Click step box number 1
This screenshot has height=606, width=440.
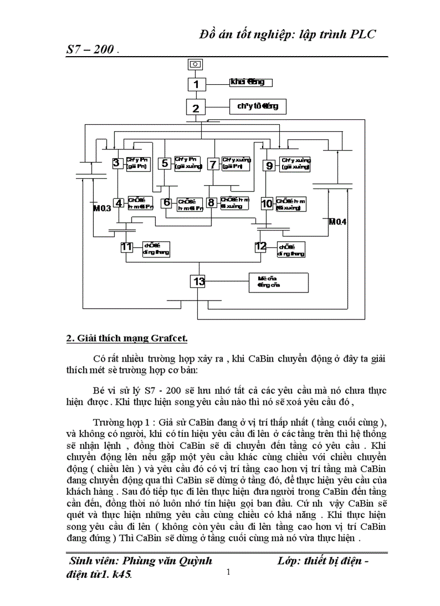click(x=196, y=84)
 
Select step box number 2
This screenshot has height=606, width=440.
click(x=196, y=108)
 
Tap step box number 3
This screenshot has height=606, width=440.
click(x=116, y=162)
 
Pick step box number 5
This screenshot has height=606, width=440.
click(x=164, y=163)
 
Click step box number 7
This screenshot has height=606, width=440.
click(x=213, y=163)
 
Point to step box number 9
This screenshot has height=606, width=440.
click(x=270, y=166)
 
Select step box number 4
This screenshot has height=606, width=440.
click(x=119, y=203)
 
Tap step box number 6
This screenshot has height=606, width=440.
click(x=167, y=203)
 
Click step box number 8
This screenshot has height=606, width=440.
click(x=212, y=203)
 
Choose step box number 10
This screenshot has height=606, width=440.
click(x=267, y=203)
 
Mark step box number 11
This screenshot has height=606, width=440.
click(x=127, y=247)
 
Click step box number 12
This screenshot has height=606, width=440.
click(x=261, y=247)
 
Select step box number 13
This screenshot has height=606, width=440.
click(x=198, y=281)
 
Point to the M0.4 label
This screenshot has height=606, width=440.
click(x=339, y=221)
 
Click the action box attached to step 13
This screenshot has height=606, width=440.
click(x=278, y=283)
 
